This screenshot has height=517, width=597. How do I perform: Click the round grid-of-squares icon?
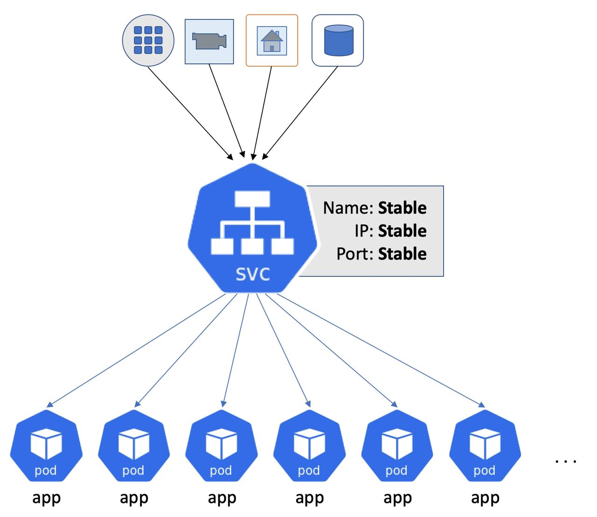(x=148, y=40)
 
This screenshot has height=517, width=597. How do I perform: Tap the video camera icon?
(x=209, y=41)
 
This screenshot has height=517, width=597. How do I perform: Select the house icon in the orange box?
(x=272, y=41)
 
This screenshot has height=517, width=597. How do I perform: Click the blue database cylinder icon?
(x=338, y=41)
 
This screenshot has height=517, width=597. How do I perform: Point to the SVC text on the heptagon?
(x=253, y=274)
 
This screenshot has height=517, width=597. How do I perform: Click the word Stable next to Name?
(x=402, y=208)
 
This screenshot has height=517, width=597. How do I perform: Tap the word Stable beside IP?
(x=402, y=231)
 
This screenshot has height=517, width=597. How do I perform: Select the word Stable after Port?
(x=402, y=254)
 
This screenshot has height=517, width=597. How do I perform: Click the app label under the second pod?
(x=134, y=498)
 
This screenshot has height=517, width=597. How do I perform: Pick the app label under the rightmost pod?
(x=485, y=498)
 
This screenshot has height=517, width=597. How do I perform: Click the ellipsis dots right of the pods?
(x=566, y=461)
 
